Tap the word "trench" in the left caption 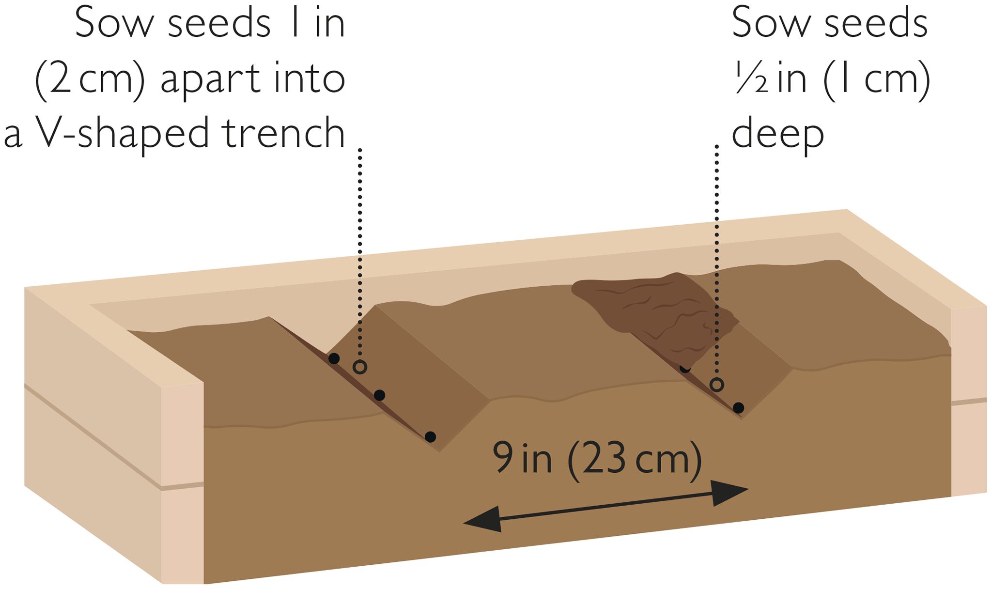pyautogui.click(x=284, y=132)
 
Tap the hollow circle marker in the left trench pyautogui.click(x=359, y=367)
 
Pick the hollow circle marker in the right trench pyautogui.click(x=717, y=385)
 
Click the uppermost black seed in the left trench pyautogui.click(x=334, y=359)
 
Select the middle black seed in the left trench pyautogui.click(x=380, y=395)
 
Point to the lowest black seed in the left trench pyautogui.click(x=430, y=437)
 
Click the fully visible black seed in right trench pyautogui.click(x=738, y=408)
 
